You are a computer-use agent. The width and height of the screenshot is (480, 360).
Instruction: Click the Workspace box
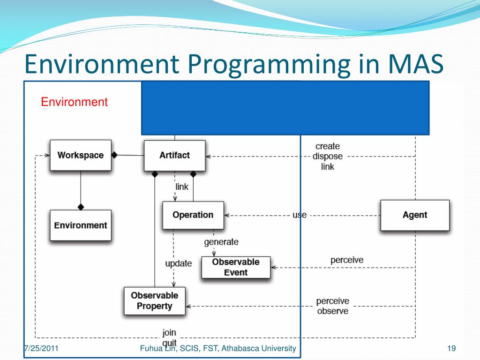81,155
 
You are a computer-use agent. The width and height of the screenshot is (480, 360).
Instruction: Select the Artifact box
174,155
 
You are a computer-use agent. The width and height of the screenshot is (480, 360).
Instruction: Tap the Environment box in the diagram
81,225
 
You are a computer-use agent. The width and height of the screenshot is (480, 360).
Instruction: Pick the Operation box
193,215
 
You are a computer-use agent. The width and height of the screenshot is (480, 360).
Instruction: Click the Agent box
415,215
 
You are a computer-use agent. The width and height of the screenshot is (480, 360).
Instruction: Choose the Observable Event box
236,267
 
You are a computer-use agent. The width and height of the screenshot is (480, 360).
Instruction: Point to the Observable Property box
155,301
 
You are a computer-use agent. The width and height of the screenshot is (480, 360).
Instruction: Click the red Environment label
75,102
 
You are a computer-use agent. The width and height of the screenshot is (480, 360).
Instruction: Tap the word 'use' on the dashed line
300,215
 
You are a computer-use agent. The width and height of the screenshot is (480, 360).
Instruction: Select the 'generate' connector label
221,242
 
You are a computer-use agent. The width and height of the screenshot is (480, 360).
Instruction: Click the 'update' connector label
178,263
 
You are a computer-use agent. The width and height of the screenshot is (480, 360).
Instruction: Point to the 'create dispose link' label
328,156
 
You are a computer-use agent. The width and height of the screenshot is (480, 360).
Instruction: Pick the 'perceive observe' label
332,306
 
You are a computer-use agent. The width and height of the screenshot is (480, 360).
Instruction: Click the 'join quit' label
169,337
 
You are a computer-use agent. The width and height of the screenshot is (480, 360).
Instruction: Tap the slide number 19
452,348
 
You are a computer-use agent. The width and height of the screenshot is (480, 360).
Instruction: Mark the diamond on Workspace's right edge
114,155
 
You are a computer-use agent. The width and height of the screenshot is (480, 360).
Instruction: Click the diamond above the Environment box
81,207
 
